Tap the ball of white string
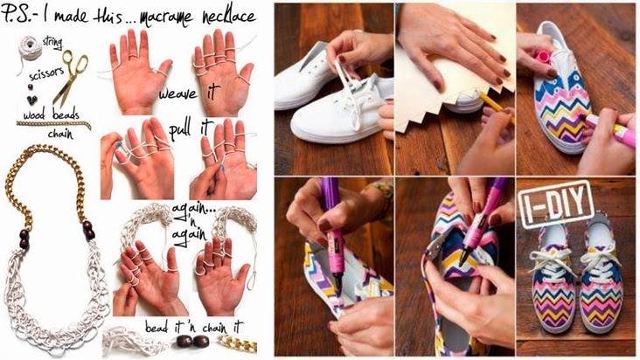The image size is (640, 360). coord(30,48)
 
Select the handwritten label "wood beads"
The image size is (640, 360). coord(51,115)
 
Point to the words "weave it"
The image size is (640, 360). coord(189,93)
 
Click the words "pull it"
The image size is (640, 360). coord(191,130)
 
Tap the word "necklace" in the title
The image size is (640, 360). coord(228,17)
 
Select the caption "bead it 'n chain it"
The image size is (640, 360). coord(194,327)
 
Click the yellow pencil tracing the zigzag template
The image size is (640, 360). coord(494,104)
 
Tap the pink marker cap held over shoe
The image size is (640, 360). coord(543,56)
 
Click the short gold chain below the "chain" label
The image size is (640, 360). coord(53,124)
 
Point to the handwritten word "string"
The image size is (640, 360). coord(52,42)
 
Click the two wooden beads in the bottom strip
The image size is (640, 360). coord(192,341)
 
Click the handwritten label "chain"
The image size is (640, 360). coord(60,135)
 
